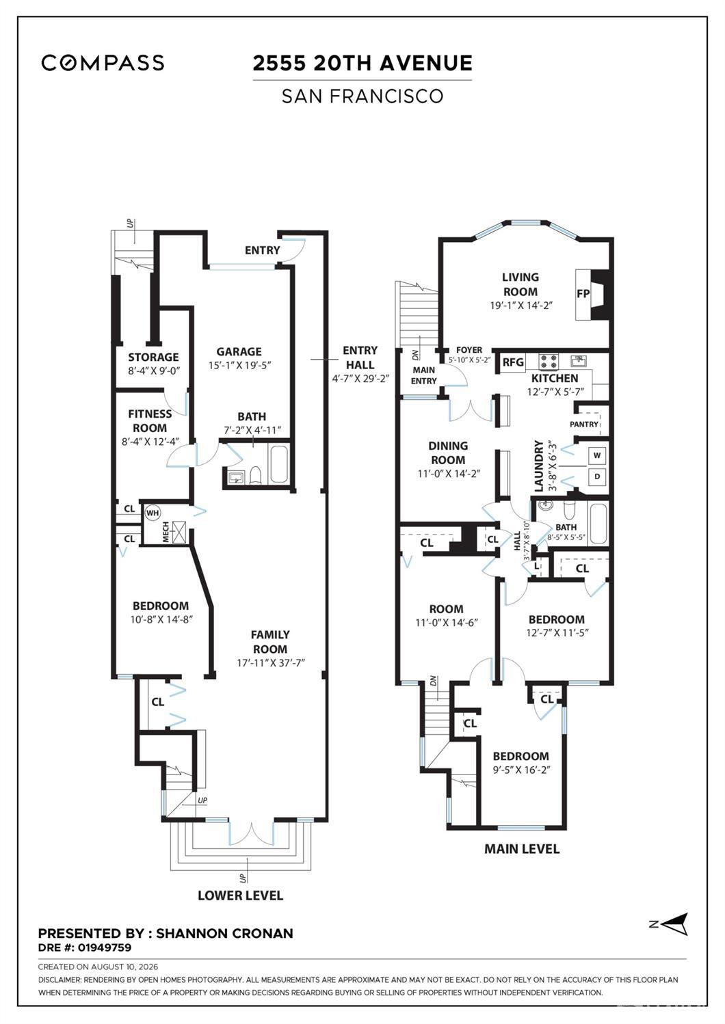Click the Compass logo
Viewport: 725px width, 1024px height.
(x=103, y=63)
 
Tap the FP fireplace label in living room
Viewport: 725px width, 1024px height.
(x=583, y=294)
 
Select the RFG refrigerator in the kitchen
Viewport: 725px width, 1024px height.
(x=513, y=362)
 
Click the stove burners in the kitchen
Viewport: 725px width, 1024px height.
(x=549, y=361)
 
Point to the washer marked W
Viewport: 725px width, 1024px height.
(x=596, y=455)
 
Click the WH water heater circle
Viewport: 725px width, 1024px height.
(x=153, y=513)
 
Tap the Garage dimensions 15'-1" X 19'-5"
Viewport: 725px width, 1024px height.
(x=239, y=365)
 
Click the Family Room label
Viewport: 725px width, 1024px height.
(x=270, y=642)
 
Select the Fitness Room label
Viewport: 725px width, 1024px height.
(x=150, y=421)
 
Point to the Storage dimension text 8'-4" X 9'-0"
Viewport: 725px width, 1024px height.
(x=153, y=370)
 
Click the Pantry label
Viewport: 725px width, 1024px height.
(x=584, y=425)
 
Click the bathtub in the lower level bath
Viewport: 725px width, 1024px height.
(x=278, y=465)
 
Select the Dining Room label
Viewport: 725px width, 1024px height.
(x=448, y=453)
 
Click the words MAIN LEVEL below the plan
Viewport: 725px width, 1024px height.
(x=522, y=849)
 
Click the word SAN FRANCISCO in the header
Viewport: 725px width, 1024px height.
(x=362, y=96)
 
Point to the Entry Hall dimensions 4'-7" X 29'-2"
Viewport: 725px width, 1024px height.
(x=360, y=379)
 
